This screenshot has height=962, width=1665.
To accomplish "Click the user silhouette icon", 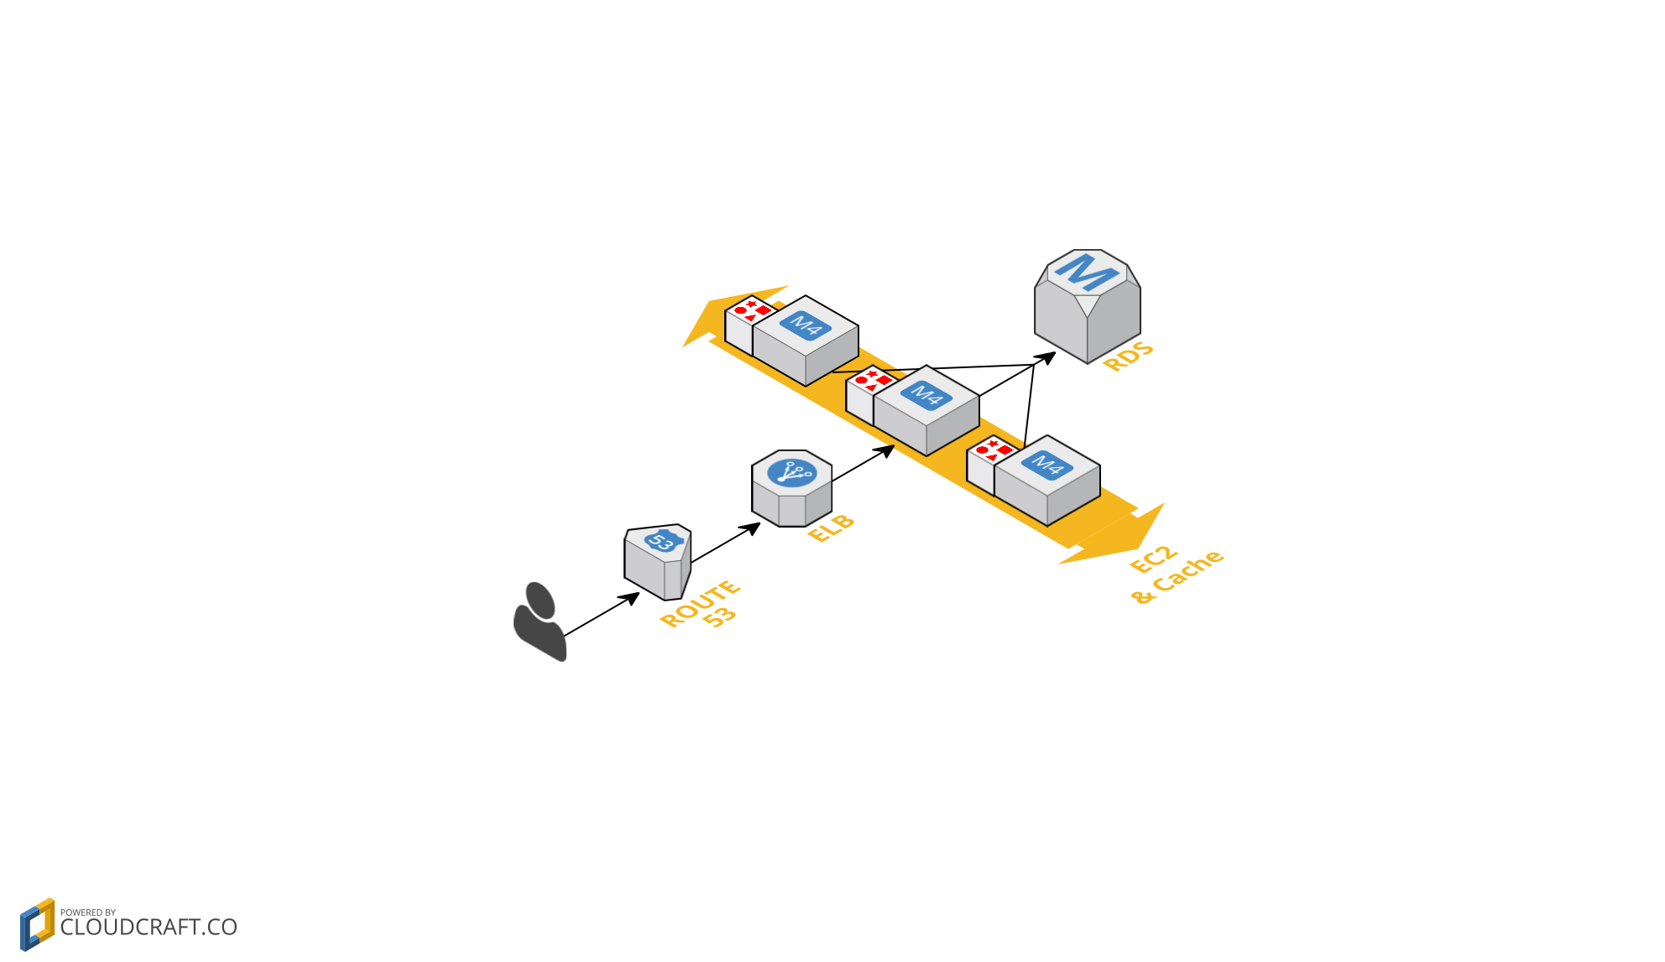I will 540,621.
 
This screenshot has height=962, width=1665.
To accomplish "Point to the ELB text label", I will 831,528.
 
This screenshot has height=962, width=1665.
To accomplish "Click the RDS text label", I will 1128,356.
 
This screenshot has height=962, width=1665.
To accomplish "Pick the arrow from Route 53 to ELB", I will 725,543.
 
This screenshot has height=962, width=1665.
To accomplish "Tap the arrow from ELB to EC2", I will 862,464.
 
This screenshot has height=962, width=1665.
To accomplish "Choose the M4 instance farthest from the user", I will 1046,480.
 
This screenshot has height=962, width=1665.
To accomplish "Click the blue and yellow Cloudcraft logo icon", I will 37,924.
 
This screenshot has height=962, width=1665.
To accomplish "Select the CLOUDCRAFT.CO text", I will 149,927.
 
